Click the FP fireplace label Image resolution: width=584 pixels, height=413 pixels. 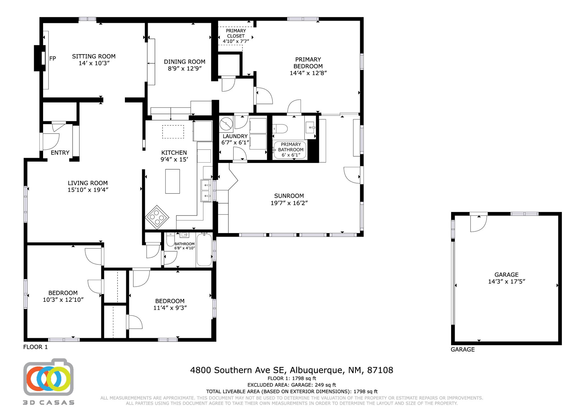[x=52, y=58]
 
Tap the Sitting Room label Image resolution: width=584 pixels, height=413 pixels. [x=94, y=56]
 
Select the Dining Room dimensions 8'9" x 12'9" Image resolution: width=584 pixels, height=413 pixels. [x=185, y=68]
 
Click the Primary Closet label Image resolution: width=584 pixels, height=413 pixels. [x=236, y=33]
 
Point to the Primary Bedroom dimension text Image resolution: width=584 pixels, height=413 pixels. [x=308, y=73]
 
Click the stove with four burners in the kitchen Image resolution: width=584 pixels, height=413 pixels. [x=157, y=217]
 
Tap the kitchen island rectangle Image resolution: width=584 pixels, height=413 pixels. [x=173, y=181]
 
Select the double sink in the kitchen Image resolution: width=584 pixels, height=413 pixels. [x=206, y=191]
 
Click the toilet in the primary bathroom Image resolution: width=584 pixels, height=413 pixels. [x=280, y=129]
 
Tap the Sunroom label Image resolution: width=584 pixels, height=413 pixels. [x=289, y=196]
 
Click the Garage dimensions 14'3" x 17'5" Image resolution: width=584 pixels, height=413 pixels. [x=506, y=282]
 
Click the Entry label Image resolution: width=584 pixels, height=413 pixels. [x=60, y=153]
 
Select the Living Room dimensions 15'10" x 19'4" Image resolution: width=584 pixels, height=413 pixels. [x=88, y=190]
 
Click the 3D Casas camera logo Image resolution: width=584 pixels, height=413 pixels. [x=48, y=377]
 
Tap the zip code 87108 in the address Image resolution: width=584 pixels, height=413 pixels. [x=380, y=370]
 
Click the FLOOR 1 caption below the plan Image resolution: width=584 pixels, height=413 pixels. [x=35, y=347]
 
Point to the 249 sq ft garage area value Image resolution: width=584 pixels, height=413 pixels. [x=325, y=385]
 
